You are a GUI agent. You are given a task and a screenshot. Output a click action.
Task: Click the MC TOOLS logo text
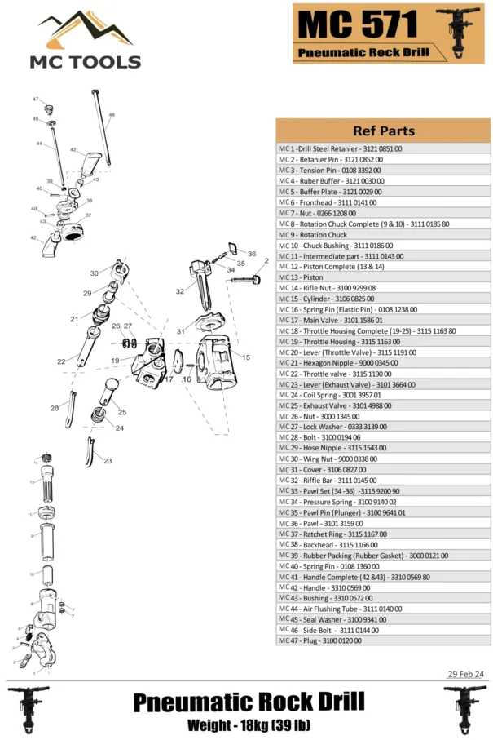coord(85,61)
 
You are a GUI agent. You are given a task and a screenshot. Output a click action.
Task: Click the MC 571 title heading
coord(358,25)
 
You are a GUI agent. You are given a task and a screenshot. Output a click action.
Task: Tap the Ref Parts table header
coord(383,131)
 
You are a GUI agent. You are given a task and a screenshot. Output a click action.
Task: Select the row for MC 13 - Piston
coord(383,277)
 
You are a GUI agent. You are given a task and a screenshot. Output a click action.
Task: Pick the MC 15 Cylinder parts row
coord(383,299)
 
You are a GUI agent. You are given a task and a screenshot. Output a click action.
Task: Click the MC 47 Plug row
coord(383,640)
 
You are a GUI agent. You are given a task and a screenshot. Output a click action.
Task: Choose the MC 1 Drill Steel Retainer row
coord(383,149)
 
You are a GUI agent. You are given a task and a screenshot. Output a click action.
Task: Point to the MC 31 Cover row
coord(383,470)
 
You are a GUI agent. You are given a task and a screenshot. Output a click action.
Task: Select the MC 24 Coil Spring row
coord(383,395)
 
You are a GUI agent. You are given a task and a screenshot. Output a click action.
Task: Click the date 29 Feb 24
coord(465,674)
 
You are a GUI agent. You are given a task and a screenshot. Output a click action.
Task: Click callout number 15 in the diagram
coord(245,357)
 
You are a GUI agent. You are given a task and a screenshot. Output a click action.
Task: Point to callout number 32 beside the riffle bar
coord(179,291)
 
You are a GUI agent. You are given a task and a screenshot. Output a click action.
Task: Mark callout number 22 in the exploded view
coord(61,361)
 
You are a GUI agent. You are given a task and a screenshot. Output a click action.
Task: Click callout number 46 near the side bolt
coord(112,115)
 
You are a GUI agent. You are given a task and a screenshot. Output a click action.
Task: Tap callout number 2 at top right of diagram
coord(266,261)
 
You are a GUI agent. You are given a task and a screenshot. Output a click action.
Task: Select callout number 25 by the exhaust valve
coord(121,411)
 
